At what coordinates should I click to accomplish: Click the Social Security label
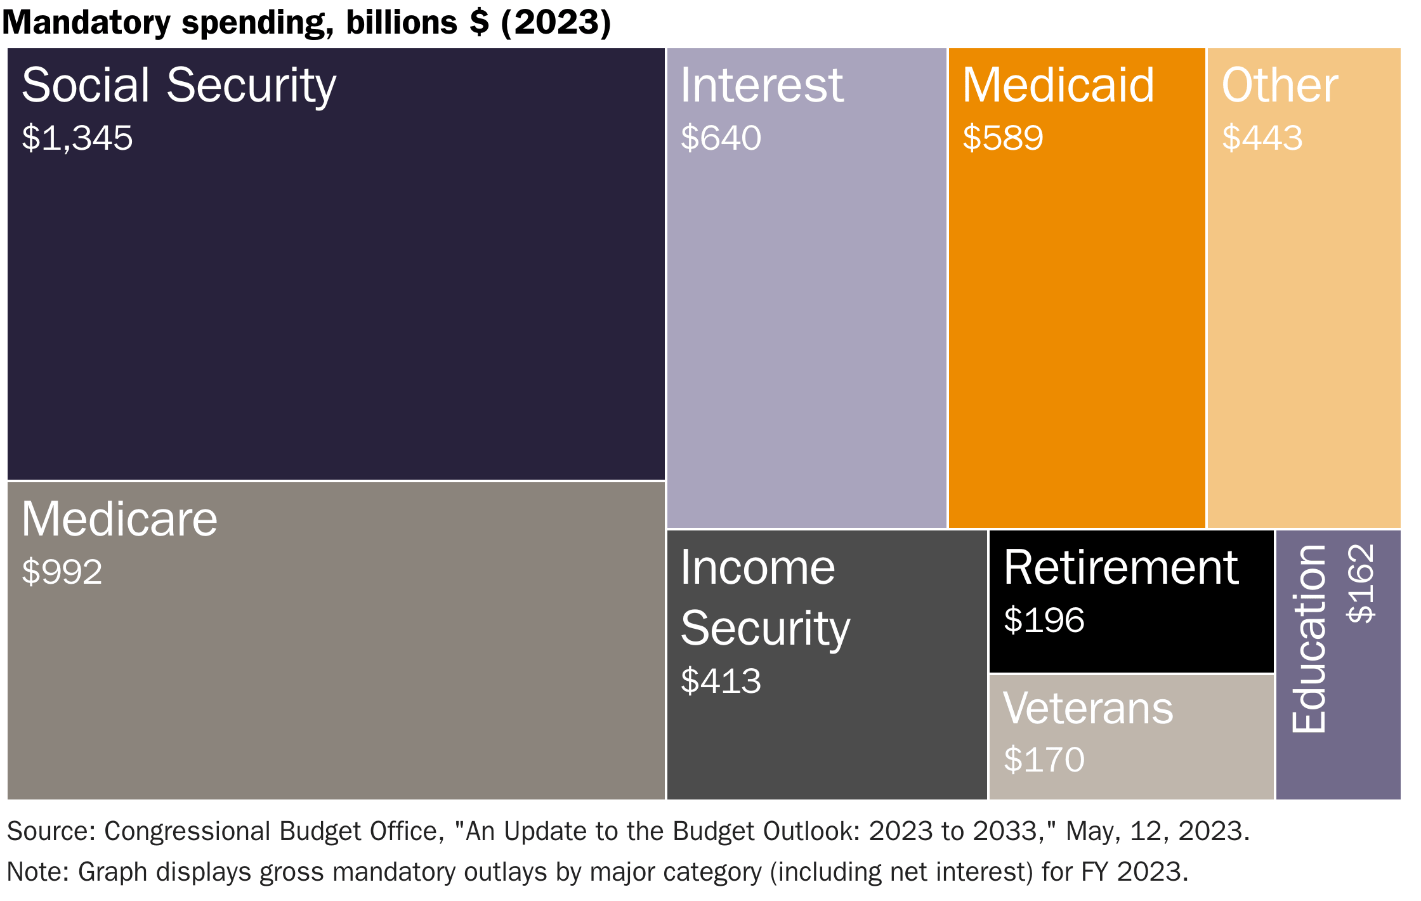pos(179,86)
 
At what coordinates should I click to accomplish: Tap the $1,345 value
pos(77,138)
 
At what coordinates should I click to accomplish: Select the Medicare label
pos(119,520)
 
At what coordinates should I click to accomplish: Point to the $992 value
pos(62,572)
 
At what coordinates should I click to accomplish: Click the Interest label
pos(762,86)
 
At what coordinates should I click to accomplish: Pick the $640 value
pos(721,138)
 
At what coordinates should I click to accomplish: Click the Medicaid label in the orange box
pos(1058,86)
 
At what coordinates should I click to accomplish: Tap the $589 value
pos(1003,138)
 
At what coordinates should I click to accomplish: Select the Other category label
pos(1280,86)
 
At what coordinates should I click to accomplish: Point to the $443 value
pos(1262,138)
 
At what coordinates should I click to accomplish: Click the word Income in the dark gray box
pos(758,568)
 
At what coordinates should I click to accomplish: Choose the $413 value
pos(721,681)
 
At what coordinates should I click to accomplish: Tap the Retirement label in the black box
pos(1121,568)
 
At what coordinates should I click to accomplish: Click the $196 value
pos(1044,621)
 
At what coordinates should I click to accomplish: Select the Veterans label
pos(1088,709)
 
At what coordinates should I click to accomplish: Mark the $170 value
pos(1044,760)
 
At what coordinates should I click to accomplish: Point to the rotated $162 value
pos(1361,584)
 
